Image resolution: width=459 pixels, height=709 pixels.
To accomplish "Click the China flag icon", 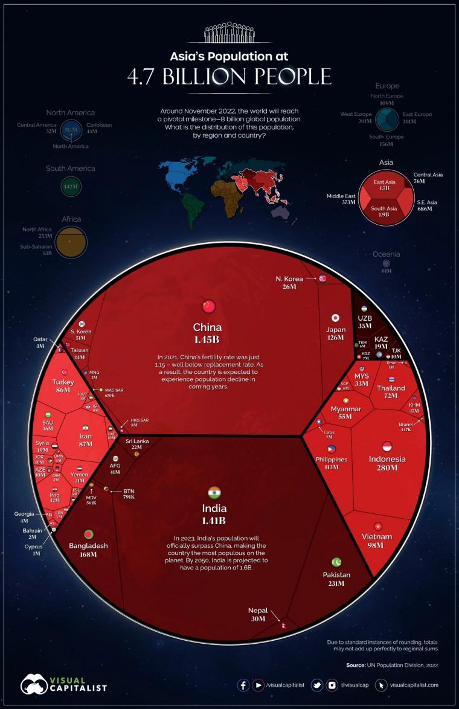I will click(x=209, y=306).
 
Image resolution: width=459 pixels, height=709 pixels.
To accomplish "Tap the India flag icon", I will click(x=214, y=492).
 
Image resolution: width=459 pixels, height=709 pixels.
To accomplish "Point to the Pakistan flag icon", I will click(x=336, y=562).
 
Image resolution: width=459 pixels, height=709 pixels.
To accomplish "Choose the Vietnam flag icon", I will click(x=378, y=526).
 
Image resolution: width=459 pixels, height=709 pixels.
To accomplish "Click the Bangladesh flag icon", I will click(x=89, y=535).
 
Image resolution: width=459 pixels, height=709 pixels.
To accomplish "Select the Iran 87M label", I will click(x=85, y=439).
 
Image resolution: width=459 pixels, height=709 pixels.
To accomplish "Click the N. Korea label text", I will click(x=289, y=278).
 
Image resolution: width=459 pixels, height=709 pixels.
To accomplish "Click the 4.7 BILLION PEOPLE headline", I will click(x=229, y=77).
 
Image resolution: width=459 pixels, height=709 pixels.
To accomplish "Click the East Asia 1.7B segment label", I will click(x=384, y=185).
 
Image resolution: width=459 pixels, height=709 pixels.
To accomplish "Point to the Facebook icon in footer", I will click(x=243, y=685).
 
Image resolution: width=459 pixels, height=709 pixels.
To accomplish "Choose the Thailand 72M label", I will click(x=391, y=392).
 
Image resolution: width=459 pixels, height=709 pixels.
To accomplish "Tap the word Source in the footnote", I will click(x=356, y=665).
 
